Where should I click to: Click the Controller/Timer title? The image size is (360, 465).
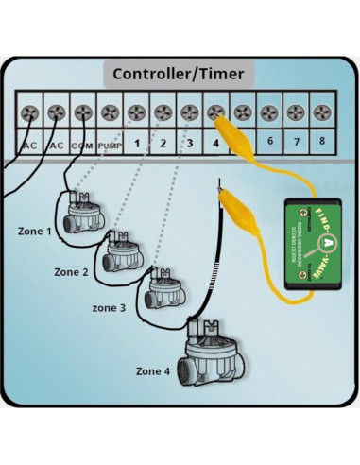click(x=179, y=73)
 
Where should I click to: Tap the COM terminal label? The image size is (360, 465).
click(x=82, y=145)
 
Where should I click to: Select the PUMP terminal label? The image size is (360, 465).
click(x=110, y=145)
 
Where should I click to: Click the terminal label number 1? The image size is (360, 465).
click(x=136, y=145)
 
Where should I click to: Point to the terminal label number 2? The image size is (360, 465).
click(x=163, y=145)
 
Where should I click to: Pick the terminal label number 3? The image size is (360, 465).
click(x=189, y=145)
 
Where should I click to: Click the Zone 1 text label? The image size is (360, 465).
click(x=37, y=230)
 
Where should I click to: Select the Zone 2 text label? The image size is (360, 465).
click(x=72, y=271)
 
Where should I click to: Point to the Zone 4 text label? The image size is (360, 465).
click(x=154, y=370)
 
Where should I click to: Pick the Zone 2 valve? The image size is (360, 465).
click(x=122, y=250)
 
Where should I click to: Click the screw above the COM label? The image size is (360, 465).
click(x=82, y=112)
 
